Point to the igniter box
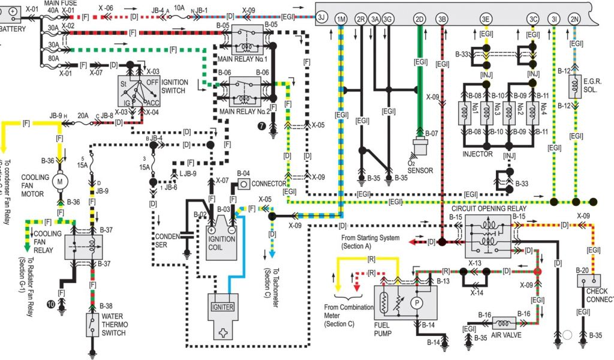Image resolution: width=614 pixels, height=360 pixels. click(x=222, y=307)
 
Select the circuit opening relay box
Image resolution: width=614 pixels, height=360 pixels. click(x=488, y=235)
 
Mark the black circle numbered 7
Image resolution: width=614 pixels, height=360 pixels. click(x=261, y=125)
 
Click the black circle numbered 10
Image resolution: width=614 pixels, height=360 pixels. click(x=52, y=305)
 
